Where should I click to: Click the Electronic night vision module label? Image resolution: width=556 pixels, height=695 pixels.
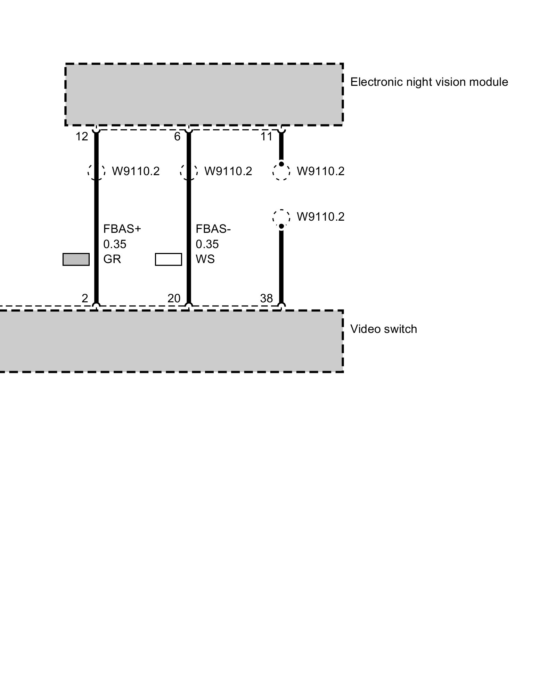(429, 82)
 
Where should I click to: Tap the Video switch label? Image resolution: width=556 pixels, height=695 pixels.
(383, 329)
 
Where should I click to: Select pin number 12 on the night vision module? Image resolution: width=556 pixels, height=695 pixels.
(82, 137)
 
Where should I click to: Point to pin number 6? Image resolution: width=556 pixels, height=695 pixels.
(177, 137)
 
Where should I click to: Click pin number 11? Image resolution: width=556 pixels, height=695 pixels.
(267, 137)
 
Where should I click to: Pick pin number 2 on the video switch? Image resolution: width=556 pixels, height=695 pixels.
(85, 298)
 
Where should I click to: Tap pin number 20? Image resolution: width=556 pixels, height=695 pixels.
(174, 298)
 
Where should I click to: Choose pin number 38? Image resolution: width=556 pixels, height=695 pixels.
(267, 298)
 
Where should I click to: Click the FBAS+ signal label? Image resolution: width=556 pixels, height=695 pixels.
(122, 229)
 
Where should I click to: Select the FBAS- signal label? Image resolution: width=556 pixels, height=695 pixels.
(213, 229)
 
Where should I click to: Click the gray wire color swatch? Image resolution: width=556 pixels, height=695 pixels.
(76, 259)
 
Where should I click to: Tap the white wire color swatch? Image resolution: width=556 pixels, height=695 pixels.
(168, 259)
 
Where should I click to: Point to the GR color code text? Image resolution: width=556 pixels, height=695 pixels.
(112, 259)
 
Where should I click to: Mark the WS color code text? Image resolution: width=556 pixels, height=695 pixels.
(205, 259)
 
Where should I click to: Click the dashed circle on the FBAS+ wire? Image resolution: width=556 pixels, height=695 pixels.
(96, 171)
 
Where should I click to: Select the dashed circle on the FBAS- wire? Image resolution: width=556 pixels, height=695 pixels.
(189, 171)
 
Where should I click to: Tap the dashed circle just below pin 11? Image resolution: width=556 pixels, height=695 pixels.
(281, 171)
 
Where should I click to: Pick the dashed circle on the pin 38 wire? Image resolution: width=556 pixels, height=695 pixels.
(281, 218)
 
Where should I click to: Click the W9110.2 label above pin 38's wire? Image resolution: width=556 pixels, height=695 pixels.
(320, 216)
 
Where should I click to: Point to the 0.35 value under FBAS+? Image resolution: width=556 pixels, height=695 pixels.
(115, 244)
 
